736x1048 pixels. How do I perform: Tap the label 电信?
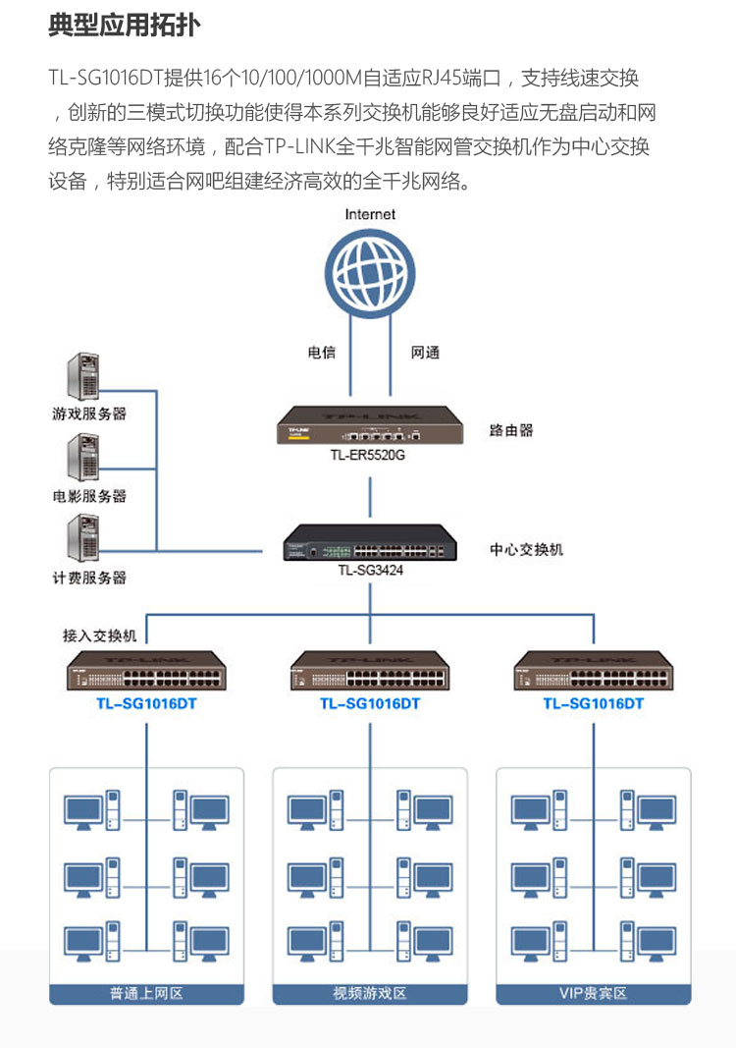point(321,353)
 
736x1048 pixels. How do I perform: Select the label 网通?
point(425,353)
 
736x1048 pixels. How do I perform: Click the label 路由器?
point(511,430)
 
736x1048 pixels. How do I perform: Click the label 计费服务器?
point(89,578)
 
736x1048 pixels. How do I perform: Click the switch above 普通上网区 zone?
point(146,671)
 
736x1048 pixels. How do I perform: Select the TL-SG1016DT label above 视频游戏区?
point(370,704)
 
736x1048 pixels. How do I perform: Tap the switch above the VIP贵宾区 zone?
point(593,671)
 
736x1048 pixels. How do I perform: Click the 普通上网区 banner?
point(146,994)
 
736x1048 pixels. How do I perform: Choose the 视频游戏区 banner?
point(370,994)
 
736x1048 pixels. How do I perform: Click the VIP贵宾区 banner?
point(593,994)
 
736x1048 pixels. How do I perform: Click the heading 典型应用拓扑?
point(125,26)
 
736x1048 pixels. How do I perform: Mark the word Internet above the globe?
point(370,214)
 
